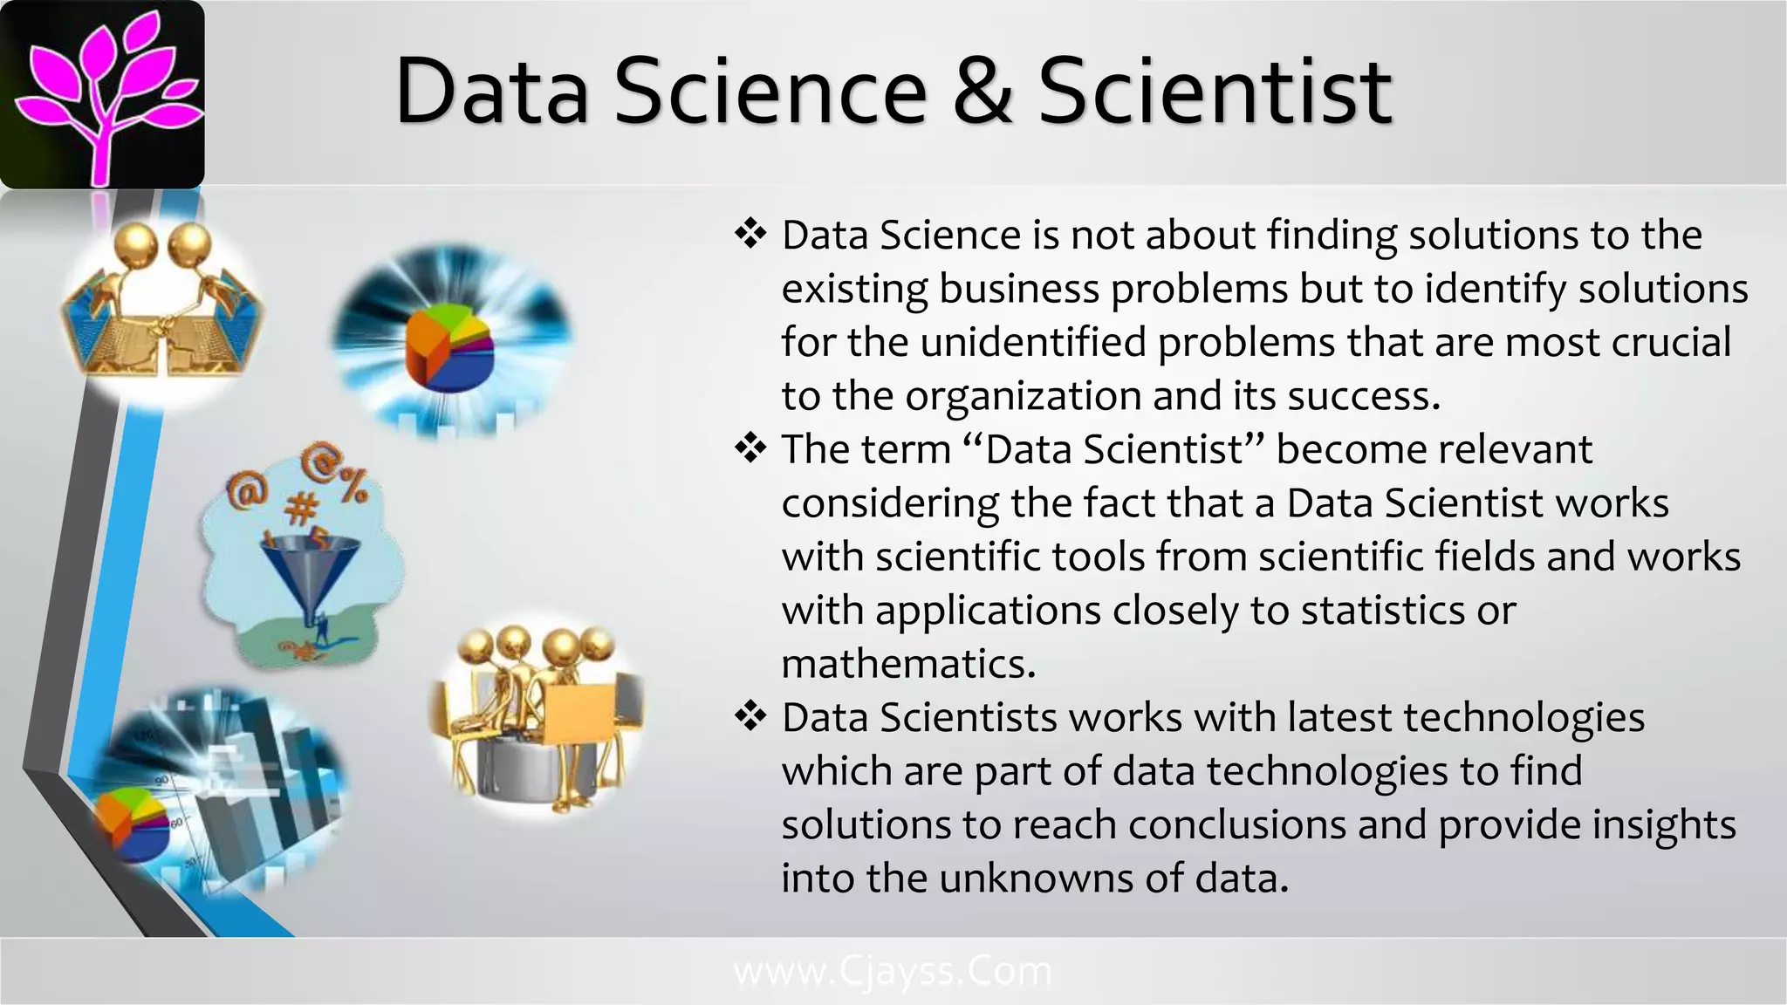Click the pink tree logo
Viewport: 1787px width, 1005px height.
click(x=102, y=94)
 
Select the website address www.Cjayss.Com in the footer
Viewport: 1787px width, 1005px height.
click(x=893, y=971)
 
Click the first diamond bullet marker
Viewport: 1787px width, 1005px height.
click(x=750, y=234)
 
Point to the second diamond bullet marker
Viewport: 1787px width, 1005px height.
click(x=750, y=448)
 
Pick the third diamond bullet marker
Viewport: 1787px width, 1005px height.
click(x=750, y=716)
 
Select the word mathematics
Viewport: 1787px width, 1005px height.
click(x=908, y=664)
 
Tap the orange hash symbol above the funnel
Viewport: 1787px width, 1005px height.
click(x=302, y=506)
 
